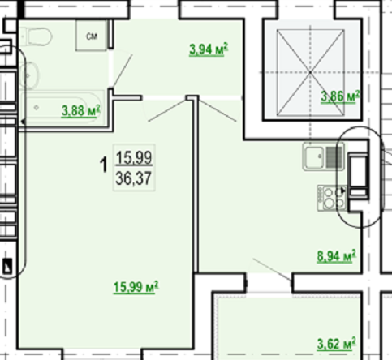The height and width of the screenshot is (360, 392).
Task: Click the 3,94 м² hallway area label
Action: [x=209, y=49]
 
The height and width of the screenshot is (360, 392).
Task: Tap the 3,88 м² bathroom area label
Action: [x=81, y=110]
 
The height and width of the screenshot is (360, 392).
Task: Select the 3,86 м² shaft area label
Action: [x=340, y=96]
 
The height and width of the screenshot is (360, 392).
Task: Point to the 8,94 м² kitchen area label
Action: [x=336, y=256]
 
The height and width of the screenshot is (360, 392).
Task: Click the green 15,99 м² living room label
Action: [x=136, y=287]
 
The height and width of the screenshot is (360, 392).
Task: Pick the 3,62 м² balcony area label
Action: [x=336, y=344]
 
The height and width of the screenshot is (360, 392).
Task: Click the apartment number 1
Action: [x=104, y=165]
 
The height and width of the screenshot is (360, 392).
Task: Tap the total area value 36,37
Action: [x=133, y=178]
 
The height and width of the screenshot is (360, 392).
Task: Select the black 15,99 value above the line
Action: [x=134, y=157]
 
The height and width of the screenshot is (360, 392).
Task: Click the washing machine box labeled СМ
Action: [x=92, y=36]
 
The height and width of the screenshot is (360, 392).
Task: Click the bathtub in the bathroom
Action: [x=62, y=108]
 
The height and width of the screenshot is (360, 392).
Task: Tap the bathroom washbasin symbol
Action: [x=29, y=75]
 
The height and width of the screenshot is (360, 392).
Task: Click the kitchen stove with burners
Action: [x=332, y=198]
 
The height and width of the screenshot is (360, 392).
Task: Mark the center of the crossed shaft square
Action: [x=310, y=72]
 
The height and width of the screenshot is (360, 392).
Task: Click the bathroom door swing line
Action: [x=122, y=71]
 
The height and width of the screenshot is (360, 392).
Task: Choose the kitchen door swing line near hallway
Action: [x=218, y=110]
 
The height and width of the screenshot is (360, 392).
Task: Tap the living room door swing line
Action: [x=167, y=110]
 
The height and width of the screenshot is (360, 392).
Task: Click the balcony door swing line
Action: [x=272, y=269]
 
